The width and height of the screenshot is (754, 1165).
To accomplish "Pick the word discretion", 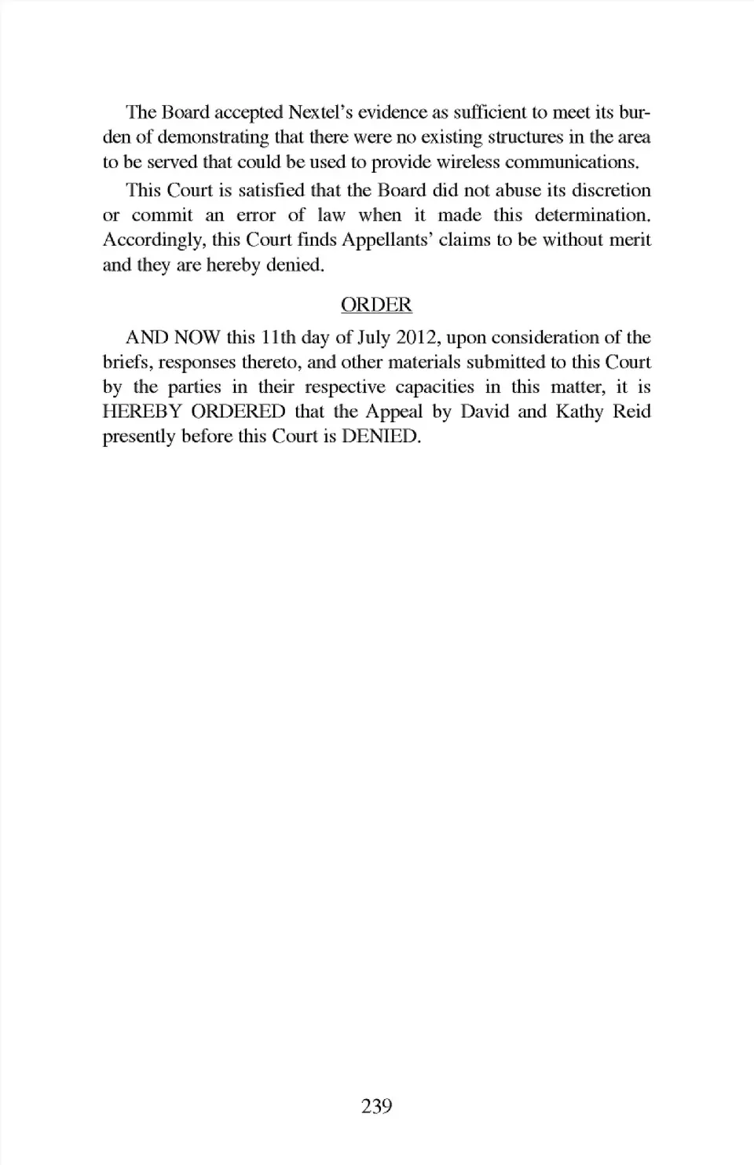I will click(611, 191).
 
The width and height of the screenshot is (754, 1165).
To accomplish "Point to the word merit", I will click(628, 240).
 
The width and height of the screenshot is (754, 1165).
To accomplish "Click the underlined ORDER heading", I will click(376, 305).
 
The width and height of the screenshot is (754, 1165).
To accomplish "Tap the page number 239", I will click(376, 1107).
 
